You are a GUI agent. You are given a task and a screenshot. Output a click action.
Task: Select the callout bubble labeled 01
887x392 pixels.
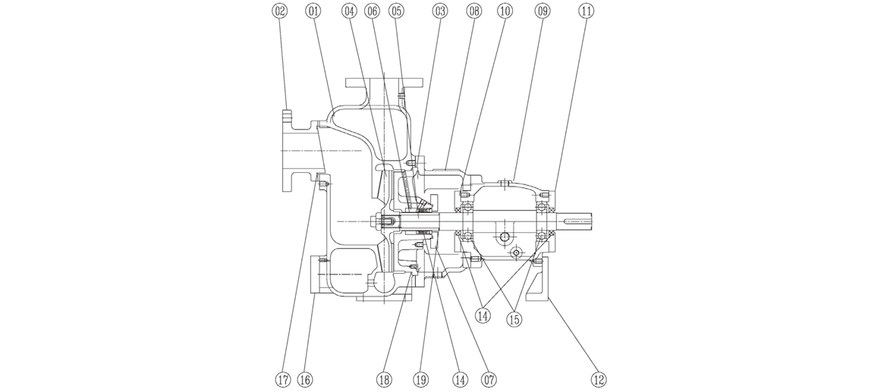pos(313,11)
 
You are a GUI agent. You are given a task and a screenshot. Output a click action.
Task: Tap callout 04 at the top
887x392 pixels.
pos(349,11)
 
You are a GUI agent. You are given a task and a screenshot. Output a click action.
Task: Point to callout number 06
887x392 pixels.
pos(372,11)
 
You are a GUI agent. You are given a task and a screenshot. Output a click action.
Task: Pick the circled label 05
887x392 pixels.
pos(396,11)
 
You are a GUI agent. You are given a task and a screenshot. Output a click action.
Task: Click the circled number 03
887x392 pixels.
pos(440,11)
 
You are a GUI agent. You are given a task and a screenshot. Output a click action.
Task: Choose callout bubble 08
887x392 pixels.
pos(475,11)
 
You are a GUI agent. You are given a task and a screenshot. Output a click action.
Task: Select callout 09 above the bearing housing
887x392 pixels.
pos(542,11)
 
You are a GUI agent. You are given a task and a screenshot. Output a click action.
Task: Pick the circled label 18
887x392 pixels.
pos(385,378)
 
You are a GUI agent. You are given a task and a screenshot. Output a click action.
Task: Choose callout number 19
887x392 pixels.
pos(423,378)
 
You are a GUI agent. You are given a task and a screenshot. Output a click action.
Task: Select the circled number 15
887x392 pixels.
pos(514,319)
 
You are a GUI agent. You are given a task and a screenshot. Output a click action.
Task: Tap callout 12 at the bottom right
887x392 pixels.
pos(599,378)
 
